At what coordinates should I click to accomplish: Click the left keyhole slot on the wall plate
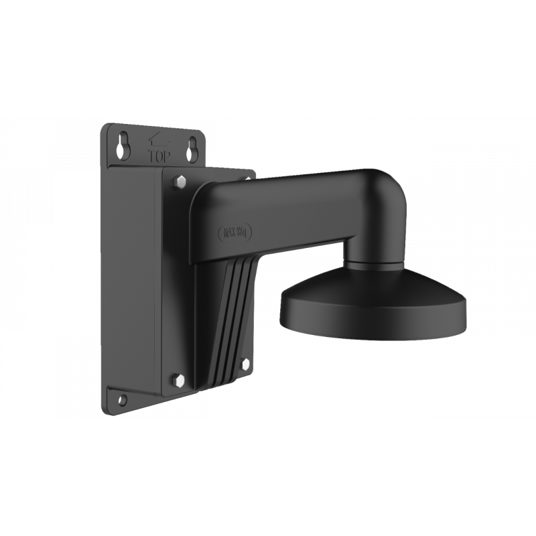[122, 149]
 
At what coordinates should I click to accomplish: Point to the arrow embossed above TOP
[158, 141]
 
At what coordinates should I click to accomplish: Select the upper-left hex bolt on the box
[179, 182]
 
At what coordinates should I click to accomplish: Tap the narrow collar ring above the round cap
[373, 265]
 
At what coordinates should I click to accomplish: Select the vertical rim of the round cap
[373, 320]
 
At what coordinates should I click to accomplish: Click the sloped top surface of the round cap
[373, 288]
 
